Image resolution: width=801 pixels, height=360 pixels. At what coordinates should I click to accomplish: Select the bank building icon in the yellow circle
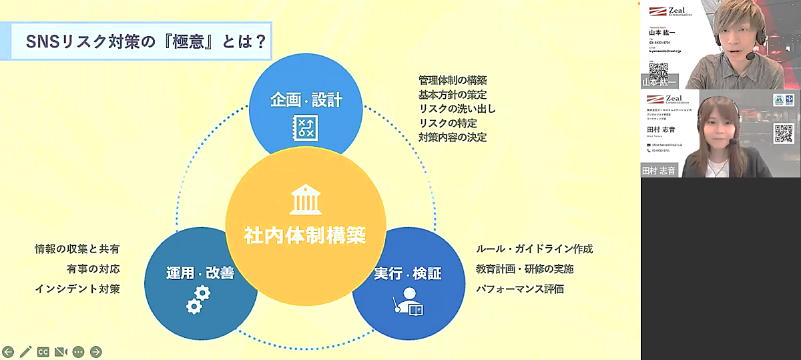coord(305,200)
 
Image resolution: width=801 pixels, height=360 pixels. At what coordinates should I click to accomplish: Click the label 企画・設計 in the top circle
coord(306,100)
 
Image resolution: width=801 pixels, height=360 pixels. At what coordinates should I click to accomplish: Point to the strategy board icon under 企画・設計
coord(306,128)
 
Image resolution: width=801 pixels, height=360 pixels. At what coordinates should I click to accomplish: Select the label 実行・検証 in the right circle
coord(408,274)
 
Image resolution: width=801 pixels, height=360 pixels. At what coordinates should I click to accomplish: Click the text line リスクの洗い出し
coord(457,109)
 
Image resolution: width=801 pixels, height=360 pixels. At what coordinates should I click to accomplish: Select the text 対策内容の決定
coord(453,138)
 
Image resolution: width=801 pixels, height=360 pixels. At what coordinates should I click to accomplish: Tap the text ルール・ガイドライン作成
coord(534,249)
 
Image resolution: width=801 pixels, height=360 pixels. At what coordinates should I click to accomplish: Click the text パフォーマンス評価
coord(520,289)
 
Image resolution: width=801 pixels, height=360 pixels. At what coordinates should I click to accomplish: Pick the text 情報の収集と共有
coord(81,249)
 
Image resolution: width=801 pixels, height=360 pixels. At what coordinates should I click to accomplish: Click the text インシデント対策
coord(81,289)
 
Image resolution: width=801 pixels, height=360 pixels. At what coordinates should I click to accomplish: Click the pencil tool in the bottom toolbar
coord(26,351)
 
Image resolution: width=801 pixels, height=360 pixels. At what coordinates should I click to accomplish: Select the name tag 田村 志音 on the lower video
coord(658,170)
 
